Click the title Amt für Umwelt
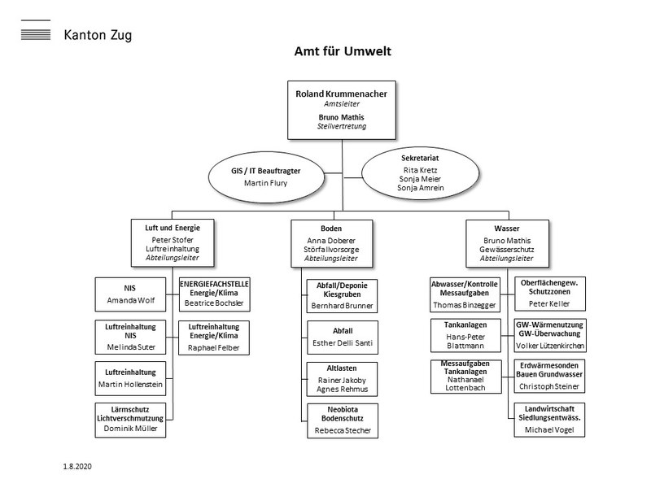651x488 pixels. pyautogui.click(x=343, y=52)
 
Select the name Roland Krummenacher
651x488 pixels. pyautogui.click(x=341, y=94)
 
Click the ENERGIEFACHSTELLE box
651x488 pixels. pyautogui.click(x=214, y=293)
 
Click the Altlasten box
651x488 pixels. pyautogui.click(x=342, y=378)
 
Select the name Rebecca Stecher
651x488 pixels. pyautogui.click(x=342, y=430)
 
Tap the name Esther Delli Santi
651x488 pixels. pyautogui.click(x=342, y=342)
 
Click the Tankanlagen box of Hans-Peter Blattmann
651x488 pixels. pyautogui.click(x=468, y=335)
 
